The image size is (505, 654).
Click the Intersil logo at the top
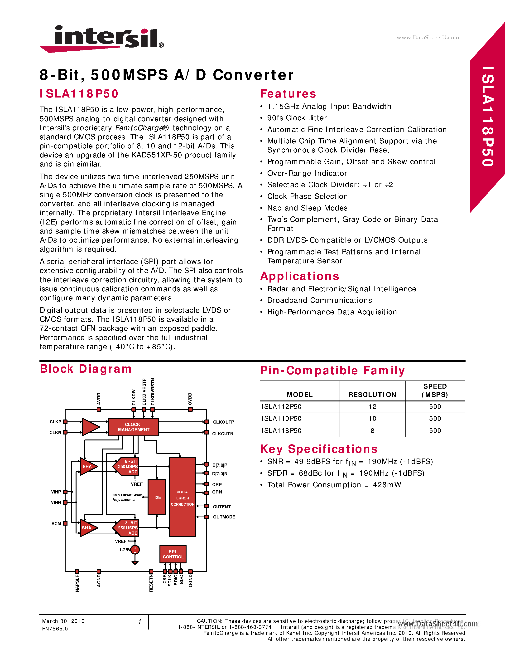point(102,38)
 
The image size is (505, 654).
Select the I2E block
point(157,497)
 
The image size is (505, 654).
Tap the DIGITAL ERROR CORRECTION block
point(183,498)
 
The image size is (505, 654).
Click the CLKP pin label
point(55,422)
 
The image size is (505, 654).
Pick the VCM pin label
point(56,524)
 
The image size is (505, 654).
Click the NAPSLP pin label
point(77,583)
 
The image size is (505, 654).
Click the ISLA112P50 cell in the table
point(282,407)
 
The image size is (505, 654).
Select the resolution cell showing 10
point(372,419)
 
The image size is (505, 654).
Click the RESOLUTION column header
point(372,395)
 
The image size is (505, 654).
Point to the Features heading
point(288,94)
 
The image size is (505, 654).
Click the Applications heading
point(300,276)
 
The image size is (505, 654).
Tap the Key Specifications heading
point(319,449)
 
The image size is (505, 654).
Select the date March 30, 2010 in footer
point(63,621)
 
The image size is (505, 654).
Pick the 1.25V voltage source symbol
point(135,550)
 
